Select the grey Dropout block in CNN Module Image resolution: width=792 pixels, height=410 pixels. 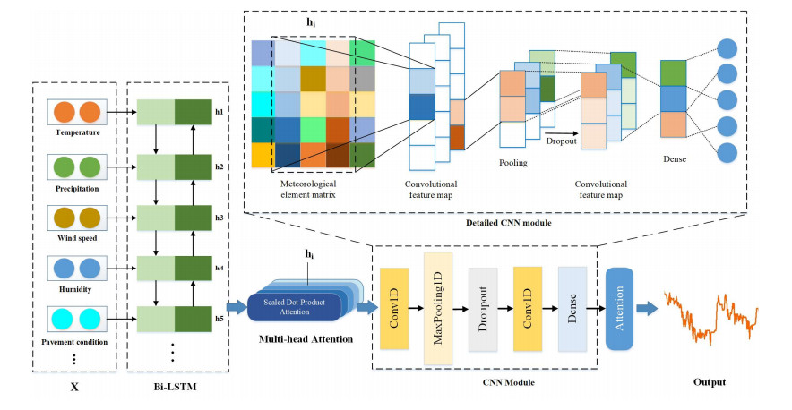coord(482,307)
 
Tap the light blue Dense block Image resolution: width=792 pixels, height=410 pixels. coord(572,307)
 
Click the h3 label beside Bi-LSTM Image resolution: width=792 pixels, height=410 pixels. coord(219,217)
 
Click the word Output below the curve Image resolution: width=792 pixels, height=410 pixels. coord(710,382)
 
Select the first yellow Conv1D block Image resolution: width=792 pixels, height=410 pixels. coord(394,307)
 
